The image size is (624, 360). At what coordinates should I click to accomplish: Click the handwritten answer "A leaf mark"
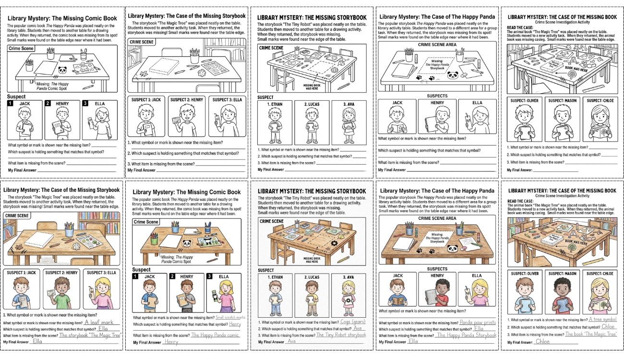click(99, 323)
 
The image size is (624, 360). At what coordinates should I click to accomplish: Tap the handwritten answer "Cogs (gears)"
click(352, 322)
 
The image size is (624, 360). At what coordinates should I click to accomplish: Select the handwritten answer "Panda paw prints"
click(478, 323)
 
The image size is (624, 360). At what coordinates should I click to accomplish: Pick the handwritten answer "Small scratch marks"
click(230, 317)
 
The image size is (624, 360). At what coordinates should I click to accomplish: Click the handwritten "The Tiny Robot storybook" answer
click(341, 335)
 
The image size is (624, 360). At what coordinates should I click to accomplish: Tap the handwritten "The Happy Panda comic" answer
click(215, 335)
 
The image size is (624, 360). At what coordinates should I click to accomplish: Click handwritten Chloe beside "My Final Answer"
click(542, 342)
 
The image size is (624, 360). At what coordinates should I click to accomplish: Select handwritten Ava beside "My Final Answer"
click(291, 341)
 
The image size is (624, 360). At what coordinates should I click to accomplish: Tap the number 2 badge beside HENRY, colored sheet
click(172, 276)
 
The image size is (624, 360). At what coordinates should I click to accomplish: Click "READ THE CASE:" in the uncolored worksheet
click(519, 27)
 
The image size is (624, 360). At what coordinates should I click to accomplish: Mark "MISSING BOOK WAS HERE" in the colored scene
click(312, 260)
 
